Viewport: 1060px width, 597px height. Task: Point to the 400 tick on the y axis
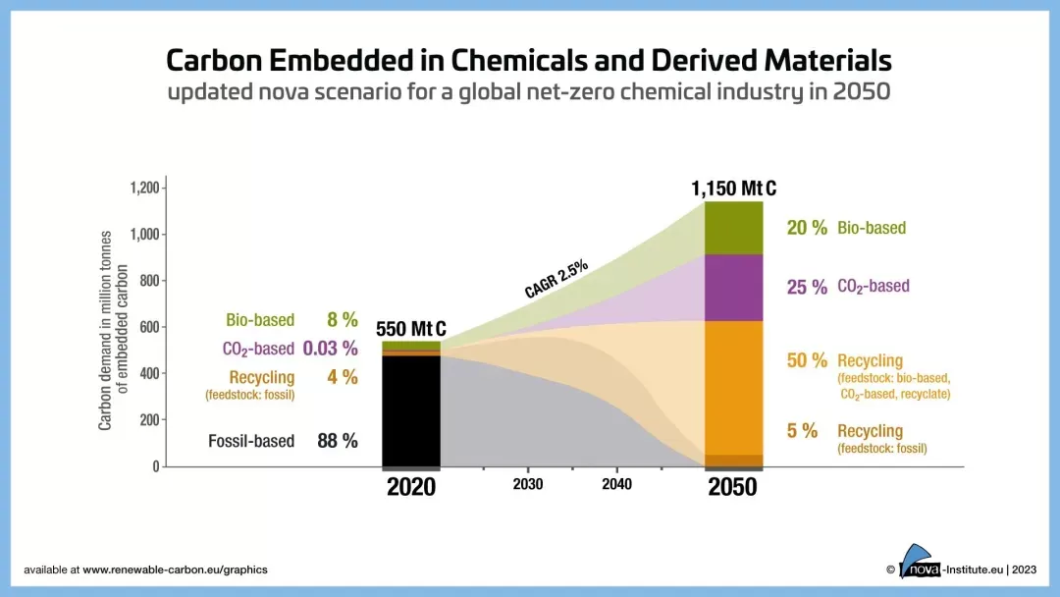tap(149, 374)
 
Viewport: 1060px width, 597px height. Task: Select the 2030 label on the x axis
tap(528, 485)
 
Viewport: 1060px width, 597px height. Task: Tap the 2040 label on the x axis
tap(616, 485)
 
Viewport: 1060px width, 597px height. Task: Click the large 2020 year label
tap(411, 487)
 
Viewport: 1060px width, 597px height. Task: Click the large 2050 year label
tap(732, 487)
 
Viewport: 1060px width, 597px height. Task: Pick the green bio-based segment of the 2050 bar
tap(733, 228)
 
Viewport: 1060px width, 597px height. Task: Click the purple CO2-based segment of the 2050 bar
tap(733, 288)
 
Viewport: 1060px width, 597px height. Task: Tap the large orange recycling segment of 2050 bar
tap(733, 388)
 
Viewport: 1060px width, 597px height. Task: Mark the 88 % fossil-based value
tap(337, 441)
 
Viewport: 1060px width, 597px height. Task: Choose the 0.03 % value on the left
tap(330, 349)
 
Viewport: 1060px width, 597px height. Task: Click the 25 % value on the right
tap(807, 288)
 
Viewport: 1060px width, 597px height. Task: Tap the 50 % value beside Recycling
tap(807, 360)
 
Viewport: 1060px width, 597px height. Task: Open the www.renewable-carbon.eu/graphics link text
tap(175, 570)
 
